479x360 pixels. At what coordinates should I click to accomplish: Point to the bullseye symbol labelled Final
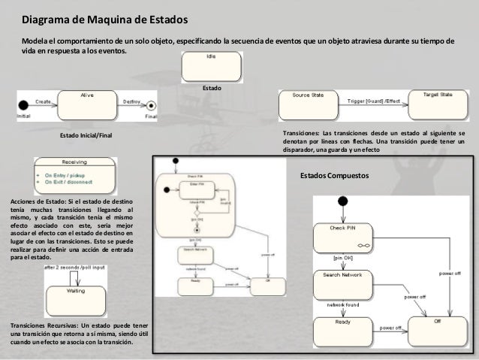[150, 106]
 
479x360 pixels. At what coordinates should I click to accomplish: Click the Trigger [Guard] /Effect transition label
[372, 98]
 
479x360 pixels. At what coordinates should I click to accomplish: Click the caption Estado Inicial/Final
[86, 135]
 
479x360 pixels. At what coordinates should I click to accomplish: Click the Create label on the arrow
[42, 99]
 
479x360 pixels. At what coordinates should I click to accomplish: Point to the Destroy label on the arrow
[131, 99]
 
